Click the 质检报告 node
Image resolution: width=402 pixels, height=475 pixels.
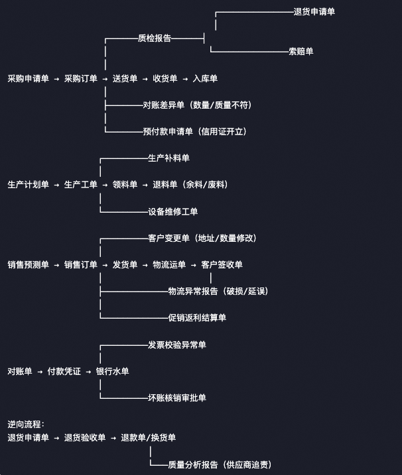tap(154, 38)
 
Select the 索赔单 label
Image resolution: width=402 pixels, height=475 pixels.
tap(301, 52)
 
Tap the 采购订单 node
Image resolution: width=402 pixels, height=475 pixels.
tap(80, 79)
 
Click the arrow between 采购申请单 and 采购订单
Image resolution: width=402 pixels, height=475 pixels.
tap(56, 79)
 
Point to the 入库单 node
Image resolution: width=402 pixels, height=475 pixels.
tap(205, 79)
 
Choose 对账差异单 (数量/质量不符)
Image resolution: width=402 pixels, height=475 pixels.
tap(196, 105)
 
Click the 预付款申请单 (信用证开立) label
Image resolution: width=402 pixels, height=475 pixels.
tap(194, 132)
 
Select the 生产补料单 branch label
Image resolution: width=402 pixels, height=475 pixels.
tap(168, 158)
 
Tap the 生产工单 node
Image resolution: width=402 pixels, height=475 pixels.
tap(80, 185)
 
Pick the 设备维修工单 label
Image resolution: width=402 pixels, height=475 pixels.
tap(172, 212)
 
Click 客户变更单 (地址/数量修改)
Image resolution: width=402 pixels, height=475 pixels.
tap(202, 238)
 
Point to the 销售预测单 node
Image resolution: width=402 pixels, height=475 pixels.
tap(28, 265)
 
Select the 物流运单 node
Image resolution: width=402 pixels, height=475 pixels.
tap(169, 265)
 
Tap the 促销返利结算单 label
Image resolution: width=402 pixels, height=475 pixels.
tap(197, 318)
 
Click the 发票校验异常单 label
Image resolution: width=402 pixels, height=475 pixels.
tap(176, 345)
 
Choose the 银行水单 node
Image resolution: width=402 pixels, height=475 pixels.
tap(112, 372)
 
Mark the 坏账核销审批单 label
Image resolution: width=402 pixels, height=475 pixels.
tap(176, 398)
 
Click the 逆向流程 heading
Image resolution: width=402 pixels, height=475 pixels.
tap(26, 424)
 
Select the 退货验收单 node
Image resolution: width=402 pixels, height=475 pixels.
tap(85, 438)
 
